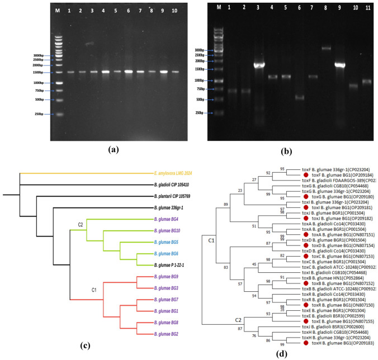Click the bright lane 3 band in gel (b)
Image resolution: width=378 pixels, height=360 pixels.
click(x=259, y=65)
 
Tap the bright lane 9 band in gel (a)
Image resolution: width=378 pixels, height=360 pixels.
click(x=163, y=72)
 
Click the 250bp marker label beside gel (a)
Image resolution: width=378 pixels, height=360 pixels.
click(x=42, y=115)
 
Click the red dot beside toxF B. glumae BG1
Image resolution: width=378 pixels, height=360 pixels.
click(x=305, y=175)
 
